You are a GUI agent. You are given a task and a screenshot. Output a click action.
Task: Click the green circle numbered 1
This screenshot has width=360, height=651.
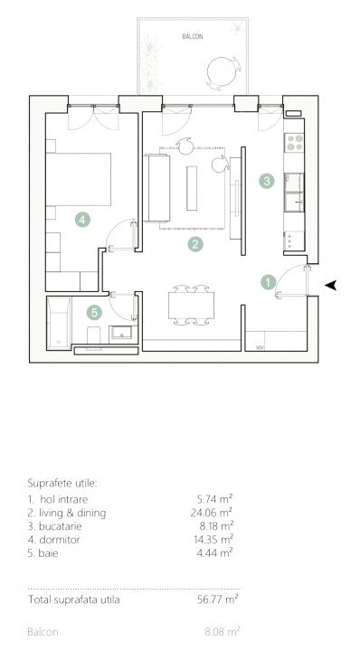click(269, 282)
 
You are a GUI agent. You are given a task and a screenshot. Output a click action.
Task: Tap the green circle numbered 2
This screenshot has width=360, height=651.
click(195, 244)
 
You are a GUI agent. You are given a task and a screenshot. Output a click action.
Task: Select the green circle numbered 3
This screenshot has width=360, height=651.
click(267, 181)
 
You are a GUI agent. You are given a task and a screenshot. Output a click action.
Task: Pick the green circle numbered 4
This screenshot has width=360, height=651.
click(82, 219)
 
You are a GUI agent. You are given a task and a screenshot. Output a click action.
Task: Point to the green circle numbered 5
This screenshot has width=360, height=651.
click(95, 312)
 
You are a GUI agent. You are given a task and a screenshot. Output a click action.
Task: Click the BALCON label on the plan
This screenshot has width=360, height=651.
click(193, 36)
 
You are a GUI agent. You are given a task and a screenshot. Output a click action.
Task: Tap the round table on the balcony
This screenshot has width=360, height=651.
click(222, 71)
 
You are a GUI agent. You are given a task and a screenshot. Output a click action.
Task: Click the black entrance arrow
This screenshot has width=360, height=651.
click(330, 285)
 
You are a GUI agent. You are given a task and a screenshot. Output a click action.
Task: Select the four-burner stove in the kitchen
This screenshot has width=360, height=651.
click(294, 143)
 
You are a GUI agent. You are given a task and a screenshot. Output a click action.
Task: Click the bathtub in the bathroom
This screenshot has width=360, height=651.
click(59, 323)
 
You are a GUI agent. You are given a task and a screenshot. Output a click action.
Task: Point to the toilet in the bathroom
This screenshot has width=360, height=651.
click(93, 335)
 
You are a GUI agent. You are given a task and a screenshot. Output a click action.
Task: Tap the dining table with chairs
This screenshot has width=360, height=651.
click(191, 306)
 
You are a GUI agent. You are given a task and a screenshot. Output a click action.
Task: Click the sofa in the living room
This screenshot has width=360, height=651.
click(157, 188)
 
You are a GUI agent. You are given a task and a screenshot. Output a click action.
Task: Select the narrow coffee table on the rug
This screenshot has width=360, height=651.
click(193, 188)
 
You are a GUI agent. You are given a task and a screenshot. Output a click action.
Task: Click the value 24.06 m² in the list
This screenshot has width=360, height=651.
click(212, 513)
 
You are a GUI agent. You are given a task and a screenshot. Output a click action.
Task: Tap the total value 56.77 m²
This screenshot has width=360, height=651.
click(218, 599)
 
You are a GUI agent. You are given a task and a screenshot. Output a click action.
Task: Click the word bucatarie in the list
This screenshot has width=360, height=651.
click(61, 526)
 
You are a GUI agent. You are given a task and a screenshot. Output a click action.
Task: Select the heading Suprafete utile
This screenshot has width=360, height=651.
click(62, 483)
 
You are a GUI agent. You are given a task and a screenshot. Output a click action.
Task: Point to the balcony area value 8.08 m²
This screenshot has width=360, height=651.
click(223, 632)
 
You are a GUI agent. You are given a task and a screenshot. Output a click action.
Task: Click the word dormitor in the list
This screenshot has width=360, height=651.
click(60, 540)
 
